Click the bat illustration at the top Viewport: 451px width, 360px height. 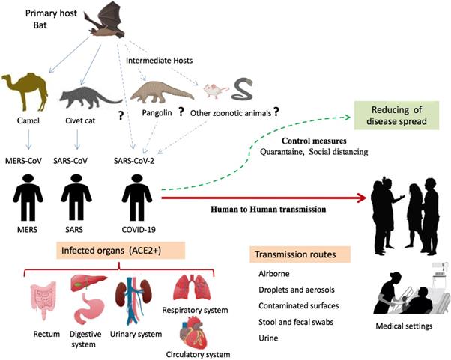coord(119,22)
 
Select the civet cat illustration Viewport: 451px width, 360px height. coord(87,98)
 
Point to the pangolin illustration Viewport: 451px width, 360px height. coord(157,94)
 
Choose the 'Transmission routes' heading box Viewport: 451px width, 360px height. coord(294,254)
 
